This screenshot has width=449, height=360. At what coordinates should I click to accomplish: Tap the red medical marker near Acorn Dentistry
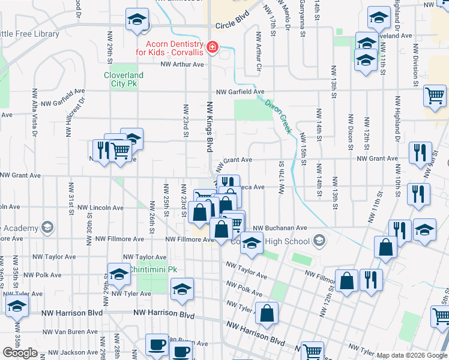coord(212,47)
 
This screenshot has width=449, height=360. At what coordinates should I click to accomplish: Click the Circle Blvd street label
coord(232,25)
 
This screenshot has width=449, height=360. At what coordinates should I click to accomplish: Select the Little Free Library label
coord(29,34)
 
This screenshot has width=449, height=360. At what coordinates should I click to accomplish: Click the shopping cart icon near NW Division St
coord(435,95)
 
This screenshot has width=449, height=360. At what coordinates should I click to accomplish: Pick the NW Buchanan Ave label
coord(280,229)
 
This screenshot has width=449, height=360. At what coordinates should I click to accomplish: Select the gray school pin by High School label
coord(320,241)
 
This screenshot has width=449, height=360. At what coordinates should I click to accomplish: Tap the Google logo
coord(20,353)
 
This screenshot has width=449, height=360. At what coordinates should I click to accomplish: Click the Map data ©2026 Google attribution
coord(412,355)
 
